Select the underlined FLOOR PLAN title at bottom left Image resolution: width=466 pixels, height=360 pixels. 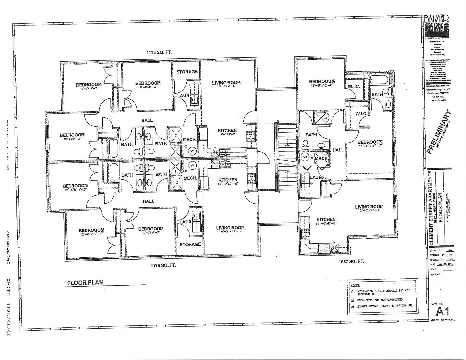pos(85,282)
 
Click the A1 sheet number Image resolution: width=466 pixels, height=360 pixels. pos(443,312)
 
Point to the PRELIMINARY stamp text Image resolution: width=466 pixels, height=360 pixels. pos(439,132)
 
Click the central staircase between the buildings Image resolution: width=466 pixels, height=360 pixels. pos(285,157)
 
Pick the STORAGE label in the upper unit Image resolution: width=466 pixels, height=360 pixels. pos(187,72)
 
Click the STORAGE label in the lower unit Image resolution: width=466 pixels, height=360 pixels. pos(190,244)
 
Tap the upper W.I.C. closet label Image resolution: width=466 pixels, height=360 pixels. pos(353,87)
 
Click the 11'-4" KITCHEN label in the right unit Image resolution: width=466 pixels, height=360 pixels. pos(326,221)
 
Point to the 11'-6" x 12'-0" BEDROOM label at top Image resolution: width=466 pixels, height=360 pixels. pos(322,83)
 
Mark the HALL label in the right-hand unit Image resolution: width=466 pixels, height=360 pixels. pos(338,150)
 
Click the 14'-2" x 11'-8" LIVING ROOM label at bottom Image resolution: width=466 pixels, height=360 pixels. pos(230,229)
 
